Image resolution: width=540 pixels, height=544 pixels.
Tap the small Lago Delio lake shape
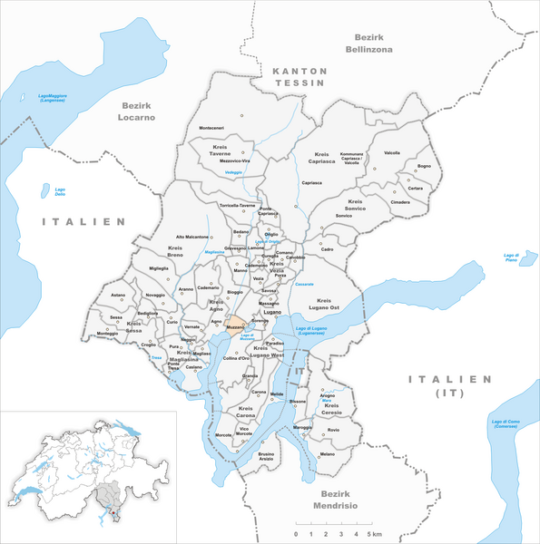pyautogui.click(x=47, y=190)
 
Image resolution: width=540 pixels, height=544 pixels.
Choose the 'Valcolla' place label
pyautogui.click(x=392, y=152)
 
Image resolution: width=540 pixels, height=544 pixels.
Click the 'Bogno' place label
pyautogui.click(x=424, y=166)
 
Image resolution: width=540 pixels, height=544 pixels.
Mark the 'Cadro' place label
pyautogui.click(x=327, y=249)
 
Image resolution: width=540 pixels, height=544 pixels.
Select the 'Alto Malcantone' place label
pyautogui.click(x=191, y=237)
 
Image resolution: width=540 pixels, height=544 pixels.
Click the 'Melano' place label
pyautogui.click(x=328, y=453)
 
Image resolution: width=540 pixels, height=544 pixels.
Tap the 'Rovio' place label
pyautogui.click(x=332, y=429)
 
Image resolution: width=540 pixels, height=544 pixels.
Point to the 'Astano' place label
pyautogui.click(x=118, y=295)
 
